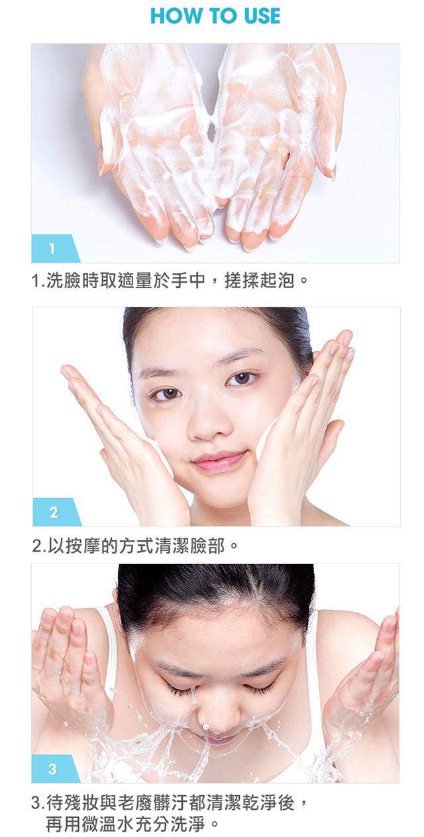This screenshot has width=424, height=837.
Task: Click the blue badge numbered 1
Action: [56, 248]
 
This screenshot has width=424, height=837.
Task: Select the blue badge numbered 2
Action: [56, 512]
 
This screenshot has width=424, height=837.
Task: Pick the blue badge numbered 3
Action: [56, 769]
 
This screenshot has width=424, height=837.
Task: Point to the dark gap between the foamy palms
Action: [211, 132]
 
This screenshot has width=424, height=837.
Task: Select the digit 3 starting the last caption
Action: [36, 803]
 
